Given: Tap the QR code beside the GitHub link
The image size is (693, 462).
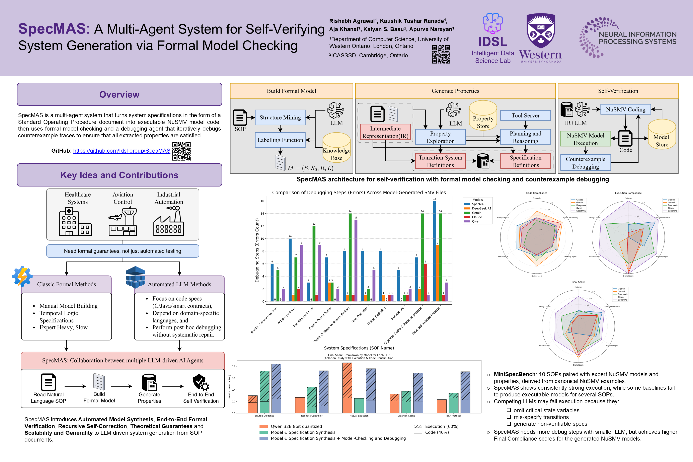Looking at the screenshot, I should (181, 151).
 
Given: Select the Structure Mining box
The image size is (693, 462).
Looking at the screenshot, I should (280, 118).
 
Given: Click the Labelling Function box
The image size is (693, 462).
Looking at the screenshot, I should (280, 140).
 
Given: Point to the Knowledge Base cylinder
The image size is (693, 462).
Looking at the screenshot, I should (336, 148).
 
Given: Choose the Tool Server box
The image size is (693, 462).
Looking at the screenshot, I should (525, 115).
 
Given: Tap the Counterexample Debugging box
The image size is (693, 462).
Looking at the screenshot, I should (586, 163).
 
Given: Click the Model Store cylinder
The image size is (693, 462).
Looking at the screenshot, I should (662, 135).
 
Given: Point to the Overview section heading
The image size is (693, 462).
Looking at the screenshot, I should (119, 95).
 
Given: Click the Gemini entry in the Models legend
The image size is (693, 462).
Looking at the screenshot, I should (477, 213).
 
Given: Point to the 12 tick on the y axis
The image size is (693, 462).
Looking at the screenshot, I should (262, 226).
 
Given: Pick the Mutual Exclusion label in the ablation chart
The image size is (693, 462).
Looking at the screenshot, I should (359, 416).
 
